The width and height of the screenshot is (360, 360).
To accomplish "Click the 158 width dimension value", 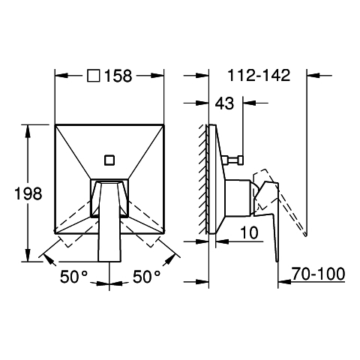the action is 118,76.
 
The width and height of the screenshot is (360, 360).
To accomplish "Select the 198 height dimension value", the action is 28,193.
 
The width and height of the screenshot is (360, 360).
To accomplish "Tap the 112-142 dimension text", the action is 259,75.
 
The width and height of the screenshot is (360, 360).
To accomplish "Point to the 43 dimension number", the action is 224,103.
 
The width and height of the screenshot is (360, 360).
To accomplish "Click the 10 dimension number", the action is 249,232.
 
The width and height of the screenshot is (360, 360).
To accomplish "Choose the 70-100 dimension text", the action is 318,274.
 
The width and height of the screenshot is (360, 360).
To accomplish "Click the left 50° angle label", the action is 74,277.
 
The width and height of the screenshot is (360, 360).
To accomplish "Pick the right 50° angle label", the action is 146,277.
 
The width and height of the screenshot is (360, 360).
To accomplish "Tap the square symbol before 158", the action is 94,76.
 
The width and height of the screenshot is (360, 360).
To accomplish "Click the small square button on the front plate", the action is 109,160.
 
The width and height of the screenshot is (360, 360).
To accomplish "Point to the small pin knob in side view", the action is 234,160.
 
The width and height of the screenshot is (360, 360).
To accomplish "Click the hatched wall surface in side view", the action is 203,178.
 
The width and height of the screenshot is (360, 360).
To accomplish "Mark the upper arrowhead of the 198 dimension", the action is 28,130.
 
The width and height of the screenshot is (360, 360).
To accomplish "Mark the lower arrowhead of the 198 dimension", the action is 28,256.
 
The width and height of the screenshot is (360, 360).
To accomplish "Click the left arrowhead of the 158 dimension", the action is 61,75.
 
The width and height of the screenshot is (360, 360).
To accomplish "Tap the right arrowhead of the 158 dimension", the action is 157,75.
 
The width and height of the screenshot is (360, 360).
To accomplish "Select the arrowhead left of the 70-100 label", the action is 284,282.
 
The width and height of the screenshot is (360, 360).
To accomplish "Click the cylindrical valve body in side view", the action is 238,198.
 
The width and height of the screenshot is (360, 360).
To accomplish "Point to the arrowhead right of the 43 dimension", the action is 250,103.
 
